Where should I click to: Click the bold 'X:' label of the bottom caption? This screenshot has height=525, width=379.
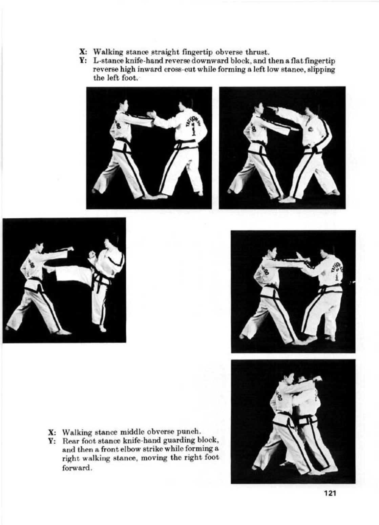pos(52,432)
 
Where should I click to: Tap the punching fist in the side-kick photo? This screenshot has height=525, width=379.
pos(70,249)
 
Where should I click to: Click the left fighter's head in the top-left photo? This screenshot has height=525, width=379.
pos(124,105)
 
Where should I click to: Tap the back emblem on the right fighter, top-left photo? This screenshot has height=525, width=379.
pos(192,125)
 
